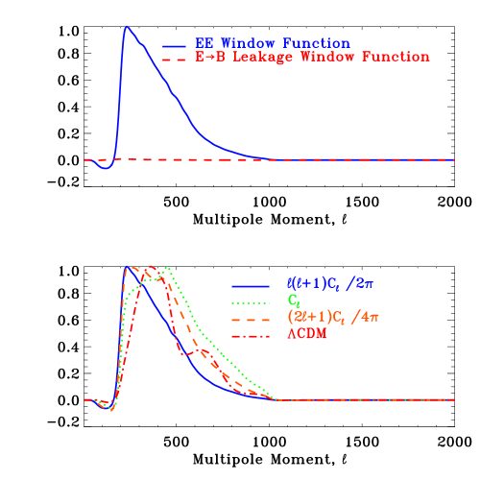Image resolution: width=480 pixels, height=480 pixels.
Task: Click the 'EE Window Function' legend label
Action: [272, 44]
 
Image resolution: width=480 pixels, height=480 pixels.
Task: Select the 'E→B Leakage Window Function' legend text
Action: [312, 58]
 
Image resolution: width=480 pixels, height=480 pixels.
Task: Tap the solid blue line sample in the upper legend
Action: [174, 45]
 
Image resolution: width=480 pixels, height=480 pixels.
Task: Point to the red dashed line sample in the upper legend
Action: [174, 59]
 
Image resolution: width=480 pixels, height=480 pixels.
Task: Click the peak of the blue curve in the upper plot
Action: [126, 26]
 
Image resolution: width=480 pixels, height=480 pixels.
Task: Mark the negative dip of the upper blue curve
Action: [107, 168]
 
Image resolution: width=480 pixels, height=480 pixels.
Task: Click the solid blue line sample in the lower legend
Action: [251, 286]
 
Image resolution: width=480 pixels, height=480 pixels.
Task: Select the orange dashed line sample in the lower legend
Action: [251, 319]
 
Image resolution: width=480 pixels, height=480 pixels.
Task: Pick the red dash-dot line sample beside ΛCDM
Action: [251, 335]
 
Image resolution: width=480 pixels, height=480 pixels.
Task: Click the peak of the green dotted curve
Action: [168, 268]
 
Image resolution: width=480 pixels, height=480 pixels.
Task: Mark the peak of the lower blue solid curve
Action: [126, 266]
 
